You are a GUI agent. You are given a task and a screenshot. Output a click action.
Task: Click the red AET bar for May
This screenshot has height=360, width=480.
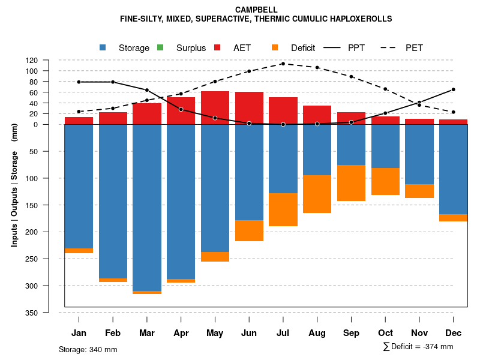[x=215, y=108]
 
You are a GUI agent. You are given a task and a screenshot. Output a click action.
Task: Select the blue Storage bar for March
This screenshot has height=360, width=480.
[x=147, y=208]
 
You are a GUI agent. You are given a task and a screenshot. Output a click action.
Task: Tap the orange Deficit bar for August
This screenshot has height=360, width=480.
[x=317, y=194]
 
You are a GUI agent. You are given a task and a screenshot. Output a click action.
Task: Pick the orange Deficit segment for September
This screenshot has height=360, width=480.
[x=351, y=183]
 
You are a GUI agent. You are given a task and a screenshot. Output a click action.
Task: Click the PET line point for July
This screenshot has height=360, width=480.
[x=283, y=64]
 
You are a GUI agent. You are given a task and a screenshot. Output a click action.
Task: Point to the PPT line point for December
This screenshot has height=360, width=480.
[x=453, y=89]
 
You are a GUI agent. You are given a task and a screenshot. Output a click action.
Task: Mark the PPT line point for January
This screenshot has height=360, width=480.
[x=79, y=82]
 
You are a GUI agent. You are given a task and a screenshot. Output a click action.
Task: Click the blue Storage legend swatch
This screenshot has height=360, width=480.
[x=103, y=48]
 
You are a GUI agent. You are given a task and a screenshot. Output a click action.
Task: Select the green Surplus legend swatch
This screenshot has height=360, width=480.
[x=160, y=48]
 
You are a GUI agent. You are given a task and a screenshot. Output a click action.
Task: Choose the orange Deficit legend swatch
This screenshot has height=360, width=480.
[x=275, y=48]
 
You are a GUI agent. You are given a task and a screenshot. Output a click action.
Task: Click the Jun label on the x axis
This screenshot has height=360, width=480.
[x=249, y=333]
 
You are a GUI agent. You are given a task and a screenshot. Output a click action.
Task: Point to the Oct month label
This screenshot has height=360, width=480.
[x=385, y=333]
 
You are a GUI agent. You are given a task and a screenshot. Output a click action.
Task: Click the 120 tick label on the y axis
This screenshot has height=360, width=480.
[x=49, y=61]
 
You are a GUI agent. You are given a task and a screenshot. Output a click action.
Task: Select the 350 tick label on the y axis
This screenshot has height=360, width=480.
[x=49, y=313]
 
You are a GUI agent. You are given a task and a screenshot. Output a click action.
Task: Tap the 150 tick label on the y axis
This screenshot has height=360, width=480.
[x=49, y=205]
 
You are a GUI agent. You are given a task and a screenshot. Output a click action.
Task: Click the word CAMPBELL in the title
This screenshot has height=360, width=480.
[x=256, y=10]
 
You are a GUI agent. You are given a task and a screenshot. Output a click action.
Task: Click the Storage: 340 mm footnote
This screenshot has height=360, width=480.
[x=88, y=349]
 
